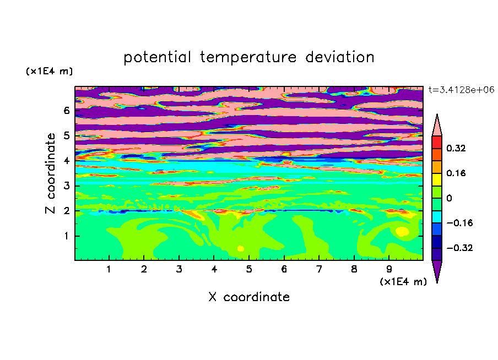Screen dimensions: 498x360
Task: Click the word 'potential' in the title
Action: click(x=157, y=58)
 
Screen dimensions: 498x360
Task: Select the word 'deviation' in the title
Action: click(x=340, y=57)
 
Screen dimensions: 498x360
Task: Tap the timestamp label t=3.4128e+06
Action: click(x=462, y=90)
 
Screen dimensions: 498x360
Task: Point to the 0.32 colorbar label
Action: click(x=456, y=148)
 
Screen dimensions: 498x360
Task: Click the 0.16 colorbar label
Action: click(x=456, y=173)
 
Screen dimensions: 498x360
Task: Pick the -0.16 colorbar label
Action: click(x=459, y=223)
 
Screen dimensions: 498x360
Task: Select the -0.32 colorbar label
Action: click(x=459, y=248)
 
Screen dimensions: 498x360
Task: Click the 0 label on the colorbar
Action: click(x=449, y=198)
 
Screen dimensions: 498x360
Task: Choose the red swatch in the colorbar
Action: click(x=437, y=142)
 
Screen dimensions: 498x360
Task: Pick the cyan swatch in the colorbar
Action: click(x=437, y=216)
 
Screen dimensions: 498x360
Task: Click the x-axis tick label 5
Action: click(x=249, y=269)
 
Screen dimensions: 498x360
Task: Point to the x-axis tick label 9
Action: click(x=389, y=269)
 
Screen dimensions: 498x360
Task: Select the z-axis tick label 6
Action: click(x=66, y=111)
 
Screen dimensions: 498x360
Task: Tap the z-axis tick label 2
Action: click(x=66, y=211)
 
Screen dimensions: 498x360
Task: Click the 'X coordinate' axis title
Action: click(x=249, y=297)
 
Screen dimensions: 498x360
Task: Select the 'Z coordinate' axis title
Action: click(x=50, y=173)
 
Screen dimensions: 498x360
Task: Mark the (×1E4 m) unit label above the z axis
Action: click(x=49, y=71)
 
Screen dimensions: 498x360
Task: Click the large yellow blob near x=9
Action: click(x=402, y=231)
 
